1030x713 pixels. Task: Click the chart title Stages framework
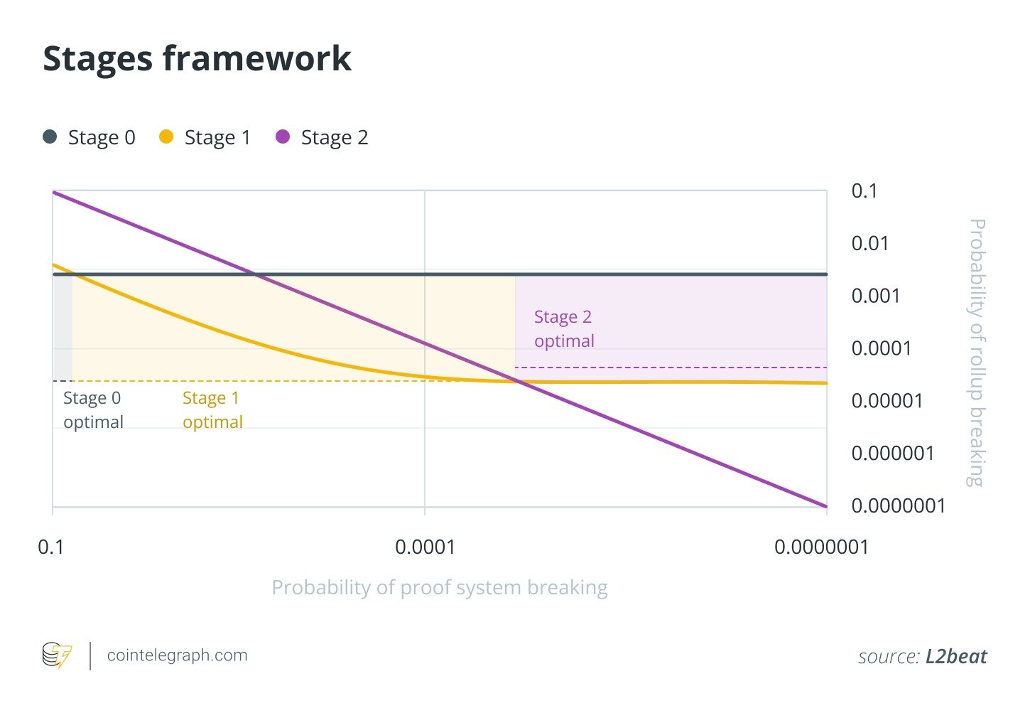197,58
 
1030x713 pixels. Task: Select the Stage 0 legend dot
50,136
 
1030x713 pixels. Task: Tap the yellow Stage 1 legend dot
166,136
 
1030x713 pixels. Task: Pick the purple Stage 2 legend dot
283,136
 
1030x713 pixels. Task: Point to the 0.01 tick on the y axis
869,243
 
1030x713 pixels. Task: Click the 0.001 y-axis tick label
875,296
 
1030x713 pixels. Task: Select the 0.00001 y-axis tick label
887,401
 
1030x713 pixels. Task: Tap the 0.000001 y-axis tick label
893,454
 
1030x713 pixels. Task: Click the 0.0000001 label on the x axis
821,547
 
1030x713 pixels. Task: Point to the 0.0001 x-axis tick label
425,547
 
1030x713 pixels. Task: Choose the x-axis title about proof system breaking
440,588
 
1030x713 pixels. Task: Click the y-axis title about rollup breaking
977,353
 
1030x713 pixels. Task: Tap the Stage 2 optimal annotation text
564,328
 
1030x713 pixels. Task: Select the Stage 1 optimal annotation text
212,409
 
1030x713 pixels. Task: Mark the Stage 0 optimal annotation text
93,409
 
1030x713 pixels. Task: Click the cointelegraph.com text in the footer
177,655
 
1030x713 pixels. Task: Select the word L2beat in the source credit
956,656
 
